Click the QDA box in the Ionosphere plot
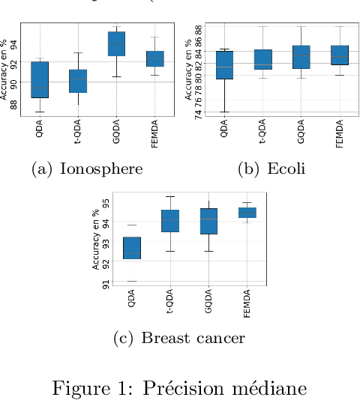pyautogui.click(x=39, y=79)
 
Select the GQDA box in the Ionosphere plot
pyautogui.click(x=116, y=43)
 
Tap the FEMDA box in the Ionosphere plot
pyautogui.click(x=154, y=58)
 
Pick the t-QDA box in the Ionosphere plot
pyautogui.click(x=78, y=81)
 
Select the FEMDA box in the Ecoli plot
pyautogui.click(x=339, y=55)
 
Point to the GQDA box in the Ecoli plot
pyautogui.click(x=301, y=57)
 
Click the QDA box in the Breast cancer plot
pyautogui.click(x=132, y=248)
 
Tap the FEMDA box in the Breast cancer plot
pyautogui.click(x=247, y=213)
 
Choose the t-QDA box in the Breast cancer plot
pyautogui.click(x=170, y=221)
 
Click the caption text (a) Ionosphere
pyautogui.click(x=87, y=169)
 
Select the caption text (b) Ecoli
pyautogui.click(x=271, y=169)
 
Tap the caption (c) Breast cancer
pyautogui.click(x=178, y=339)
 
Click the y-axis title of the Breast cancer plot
pyautogui.click(x=96, y=240)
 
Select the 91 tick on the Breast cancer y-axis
pyautogui.click(x=106, y=282)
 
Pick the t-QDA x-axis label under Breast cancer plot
pyautogui.click(x=171, y=303)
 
